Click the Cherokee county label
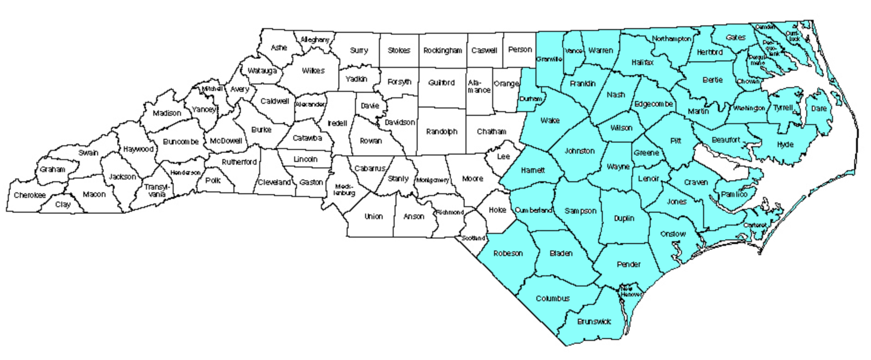[30, 195]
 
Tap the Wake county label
[550, 120]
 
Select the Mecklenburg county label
[344, 190]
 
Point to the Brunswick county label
[594, 321]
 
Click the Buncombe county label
[181, 142]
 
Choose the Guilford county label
[441, 83]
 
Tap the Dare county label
[819, 109]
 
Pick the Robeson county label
[508, 253]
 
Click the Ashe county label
[279, 48]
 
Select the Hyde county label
[785, 145]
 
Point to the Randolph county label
[442, 132]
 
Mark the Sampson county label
[581, 211]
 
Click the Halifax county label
[642, 63]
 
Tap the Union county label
[373, 217]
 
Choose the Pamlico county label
[734, 194]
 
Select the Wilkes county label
[313, 71]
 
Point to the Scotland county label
[473, 238]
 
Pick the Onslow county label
[673, 234]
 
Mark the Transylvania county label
[157, 190]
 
